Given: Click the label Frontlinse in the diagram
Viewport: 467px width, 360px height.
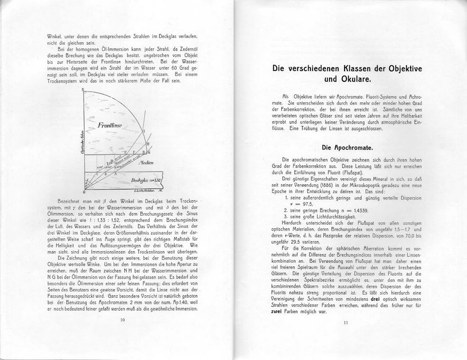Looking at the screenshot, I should pyautogui.click(x=110, y=125).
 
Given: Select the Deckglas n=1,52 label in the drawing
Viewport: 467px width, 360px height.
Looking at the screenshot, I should pyautogui.click(x=147, y=180).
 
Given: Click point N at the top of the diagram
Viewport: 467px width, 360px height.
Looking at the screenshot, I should pyautogui.click(x=83, y=90).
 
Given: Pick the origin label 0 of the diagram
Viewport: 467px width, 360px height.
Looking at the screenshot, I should pyautogui.click(x=84, y=192).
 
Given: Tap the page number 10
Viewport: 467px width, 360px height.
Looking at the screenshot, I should pyautogui.click(x=123, y=320).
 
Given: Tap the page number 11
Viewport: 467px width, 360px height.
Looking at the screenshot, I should pyautogui.click(x=346, y=322).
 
